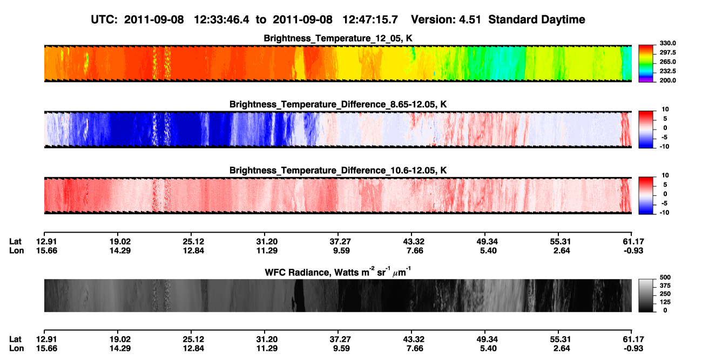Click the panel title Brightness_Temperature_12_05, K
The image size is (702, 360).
(x=338, y=38)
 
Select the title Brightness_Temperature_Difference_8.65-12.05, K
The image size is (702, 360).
(x=338, y=104)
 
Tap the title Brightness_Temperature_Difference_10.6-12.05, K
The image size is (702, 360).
(x=338, y=171)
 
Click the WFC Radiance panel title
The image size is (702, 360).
(x=338, y=271)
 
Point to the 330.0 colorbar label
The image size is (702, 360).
(x=667, y=43)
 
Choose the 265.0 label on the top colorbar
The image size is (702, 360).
(x=667, y=62)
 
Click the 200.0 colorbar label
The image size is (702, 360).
(x=667, y=80)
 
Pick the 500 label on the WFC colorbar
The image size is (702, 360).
(x=665, y=277)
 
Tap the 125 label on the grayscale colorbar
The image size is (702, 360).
(x=665, y=302)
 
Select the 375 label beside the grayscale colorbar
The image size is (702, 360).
(x=665, y=286)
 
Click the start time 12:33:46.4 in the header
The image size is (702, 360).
(x=221, y=20)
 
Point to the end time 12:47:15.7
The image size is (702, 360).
(x=370, y=20)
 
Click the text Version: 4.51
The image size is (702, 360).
(x=446, y=20)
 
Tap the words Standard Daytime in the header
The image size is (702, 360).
(x=537, y=20)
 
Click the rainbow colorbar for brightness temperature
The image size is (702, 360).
(x=646, y=64)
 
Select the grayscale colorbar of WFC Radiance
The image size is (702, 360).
(x=646, y=295)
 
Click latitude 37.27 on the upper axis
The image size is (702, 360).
(x=340, y=242)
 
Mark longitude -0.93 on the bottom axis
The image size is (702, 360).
(x=633, y=349)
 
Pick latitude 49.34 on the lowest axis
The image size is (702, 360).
(x=487, y=339)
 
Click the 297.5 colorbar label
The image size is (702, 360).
(x=667, y=52)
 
